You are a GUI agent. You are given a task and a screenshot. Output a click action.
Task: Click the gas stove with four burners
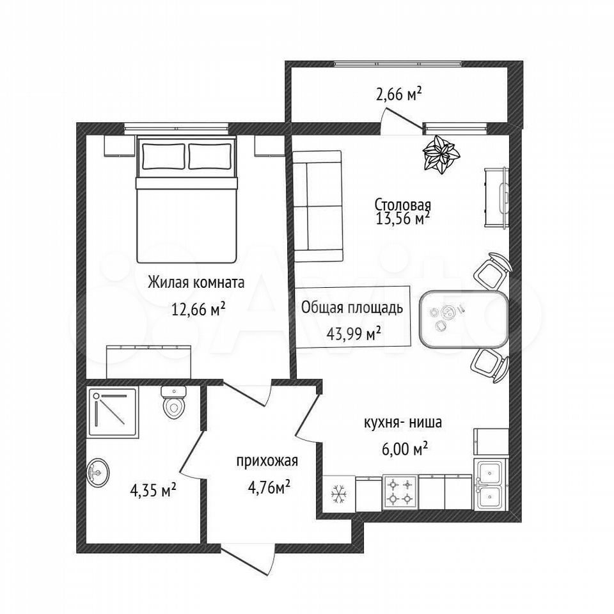click(400, 492)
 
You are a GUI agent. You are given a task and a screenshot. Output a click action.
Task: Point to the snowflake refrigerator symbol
click(339, 494)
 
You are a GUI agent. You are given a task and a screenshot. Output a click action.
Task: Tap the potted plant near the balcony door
click(441, 154)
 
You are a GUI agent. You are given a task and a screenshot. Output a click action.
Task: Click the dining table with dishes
click(464, 319)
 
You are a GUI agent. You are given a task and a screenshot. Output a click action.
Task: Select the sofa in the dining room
click(318, 207)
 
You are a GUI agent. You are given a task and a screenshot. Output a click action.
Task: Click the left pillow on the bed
click(163, 156)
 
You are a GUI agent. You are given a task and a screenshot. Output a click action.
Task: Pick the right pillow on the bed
click(210, 156)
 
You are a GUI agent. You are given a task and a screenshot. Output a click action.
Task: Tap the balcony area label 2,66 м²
click(398, 94)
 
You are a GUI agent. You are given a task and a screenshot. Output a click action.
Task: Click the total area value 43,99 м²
click(354, 335)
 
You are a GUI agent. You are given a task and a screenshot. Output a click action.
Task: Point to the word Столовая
click(403, 205)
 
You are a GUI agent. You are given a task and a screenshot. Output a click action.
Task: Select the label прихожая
click(267, 461)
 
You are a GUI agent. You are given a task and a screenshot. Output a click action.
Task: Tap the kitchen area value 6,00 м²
click(404, 449)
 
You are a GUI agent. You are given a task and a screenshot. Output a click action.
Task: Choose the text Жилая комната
click(196, 282)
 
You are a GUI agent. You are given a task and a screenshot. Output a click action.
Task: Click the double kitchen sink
click(491, 484)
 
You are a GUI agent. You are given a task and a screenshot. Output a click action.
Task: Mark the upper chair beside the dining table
click(492, 270)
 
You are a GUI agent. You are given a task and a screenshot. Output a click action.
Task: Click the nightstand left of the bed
click(116, 146)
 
